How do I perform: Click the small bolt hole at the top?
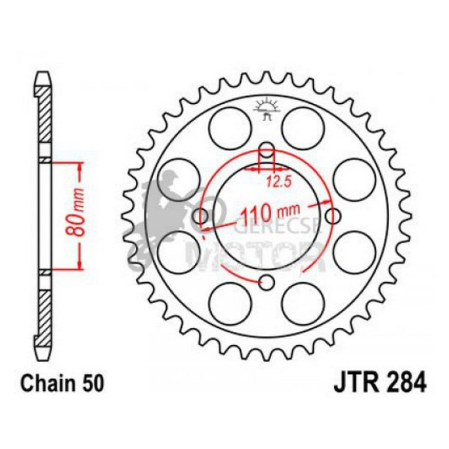(x=267, y=149)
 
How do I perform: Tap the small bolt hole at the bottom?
(x=267, y=283)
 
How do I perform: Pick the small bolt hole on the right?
(x=334, y=216)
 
